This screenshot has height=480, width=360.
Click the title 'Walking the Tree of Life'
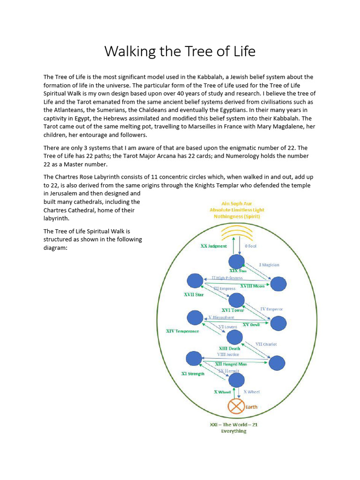(180, 51)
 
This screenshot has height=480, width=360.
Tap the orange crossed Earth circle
(236, 406)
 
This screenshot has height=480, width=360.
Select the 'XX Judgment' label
(214, 246)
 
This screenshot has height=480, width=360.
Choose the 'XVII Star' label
(194, 295)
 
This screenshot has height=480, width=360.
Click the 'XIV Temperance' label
(183, 331)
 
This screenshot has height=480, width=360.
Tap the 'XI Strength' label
(193, 374)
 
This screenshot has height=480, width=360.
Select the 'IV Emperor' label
(271, 309)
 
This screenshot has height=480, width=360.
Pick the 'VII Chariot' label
(266, 344)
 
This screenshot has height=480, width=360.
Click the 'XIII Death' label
(230, 348)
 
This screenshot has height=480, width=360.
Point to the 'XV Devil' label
(251, 324)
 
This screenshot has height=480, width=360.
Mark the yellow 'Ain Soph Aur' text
(233, 204)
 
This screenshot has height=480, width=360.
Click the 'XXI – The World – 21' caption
(233, 425)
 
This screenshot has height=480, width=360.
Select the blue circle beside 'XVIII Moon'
(278, 284)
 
